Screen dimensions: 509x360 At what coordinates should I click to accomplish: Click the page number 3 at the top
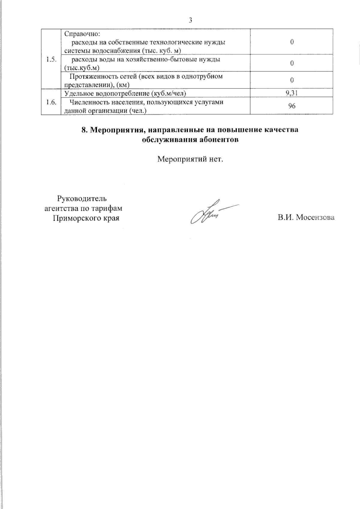[190, 20]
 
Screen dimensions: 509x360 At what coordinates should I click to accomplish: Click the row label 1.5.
[51, 59]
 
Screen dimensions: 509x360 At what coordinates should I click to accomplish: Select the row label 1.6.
[51, 102]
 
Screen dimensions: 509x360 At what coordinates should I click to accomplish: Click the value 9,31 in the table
[292, 93]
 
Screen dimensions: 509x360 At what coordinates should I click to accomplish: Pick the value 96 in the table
[292, 106]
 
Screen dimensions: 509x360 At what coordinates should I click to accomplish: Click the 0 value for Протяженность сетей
[292, 80]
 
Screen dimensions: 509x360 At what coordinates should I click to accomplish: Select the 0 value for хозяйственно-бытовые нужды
[292, 63]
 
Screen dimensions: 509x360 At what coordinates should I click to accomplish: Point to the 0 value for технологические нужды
[292, 42]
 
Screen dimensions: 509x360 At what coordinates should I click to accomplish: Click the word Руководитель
[82, 199]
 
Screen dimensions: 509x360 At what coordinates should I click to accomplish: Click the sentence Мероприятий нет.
[190, 159]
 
